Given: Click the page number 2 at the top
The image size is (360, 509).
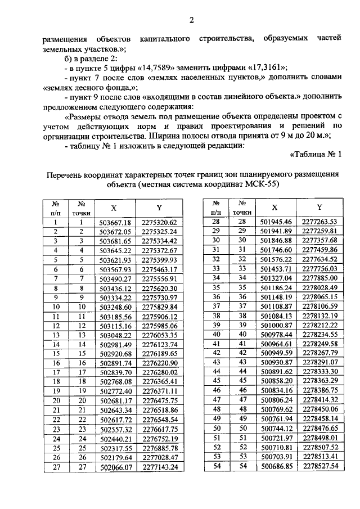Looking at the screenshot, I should pos(191,21).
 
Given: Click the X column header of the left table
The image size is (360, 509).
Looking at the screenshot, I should pos(113,208).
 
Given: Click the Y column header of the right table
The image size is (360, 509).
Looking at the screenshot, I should pos(319,207).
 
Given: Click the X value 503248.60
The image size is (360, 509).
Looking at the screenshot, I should pos(115,307).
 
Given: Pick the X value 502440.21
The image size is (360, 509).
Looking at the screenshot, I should pos(115,439).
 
